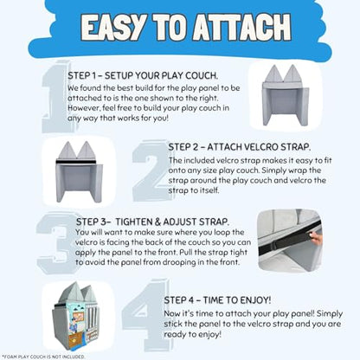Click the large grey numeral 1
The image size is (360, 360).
(x=56, y=97)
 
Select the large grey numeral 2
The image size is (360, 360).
(x=151, y=170)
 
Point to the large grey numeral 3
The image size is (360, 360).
(x=56, y=243)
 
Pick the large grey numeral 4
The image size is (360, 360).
(x=145, y=315)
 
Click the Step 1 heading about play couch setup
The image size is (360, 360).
(x=143, y=76)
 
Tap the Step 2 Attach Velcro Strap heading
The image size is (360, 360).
(x=240, y=147)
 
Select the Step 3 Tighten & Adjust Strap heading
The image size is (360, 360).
(x=152, y=222)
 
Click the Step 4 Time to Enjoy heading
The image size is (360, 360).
(x=217, y=300)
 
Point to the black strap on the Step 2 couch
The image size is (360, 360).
(x=79, y=162)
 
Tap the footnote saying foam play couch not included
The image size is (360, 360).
(x=43, y=357)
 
